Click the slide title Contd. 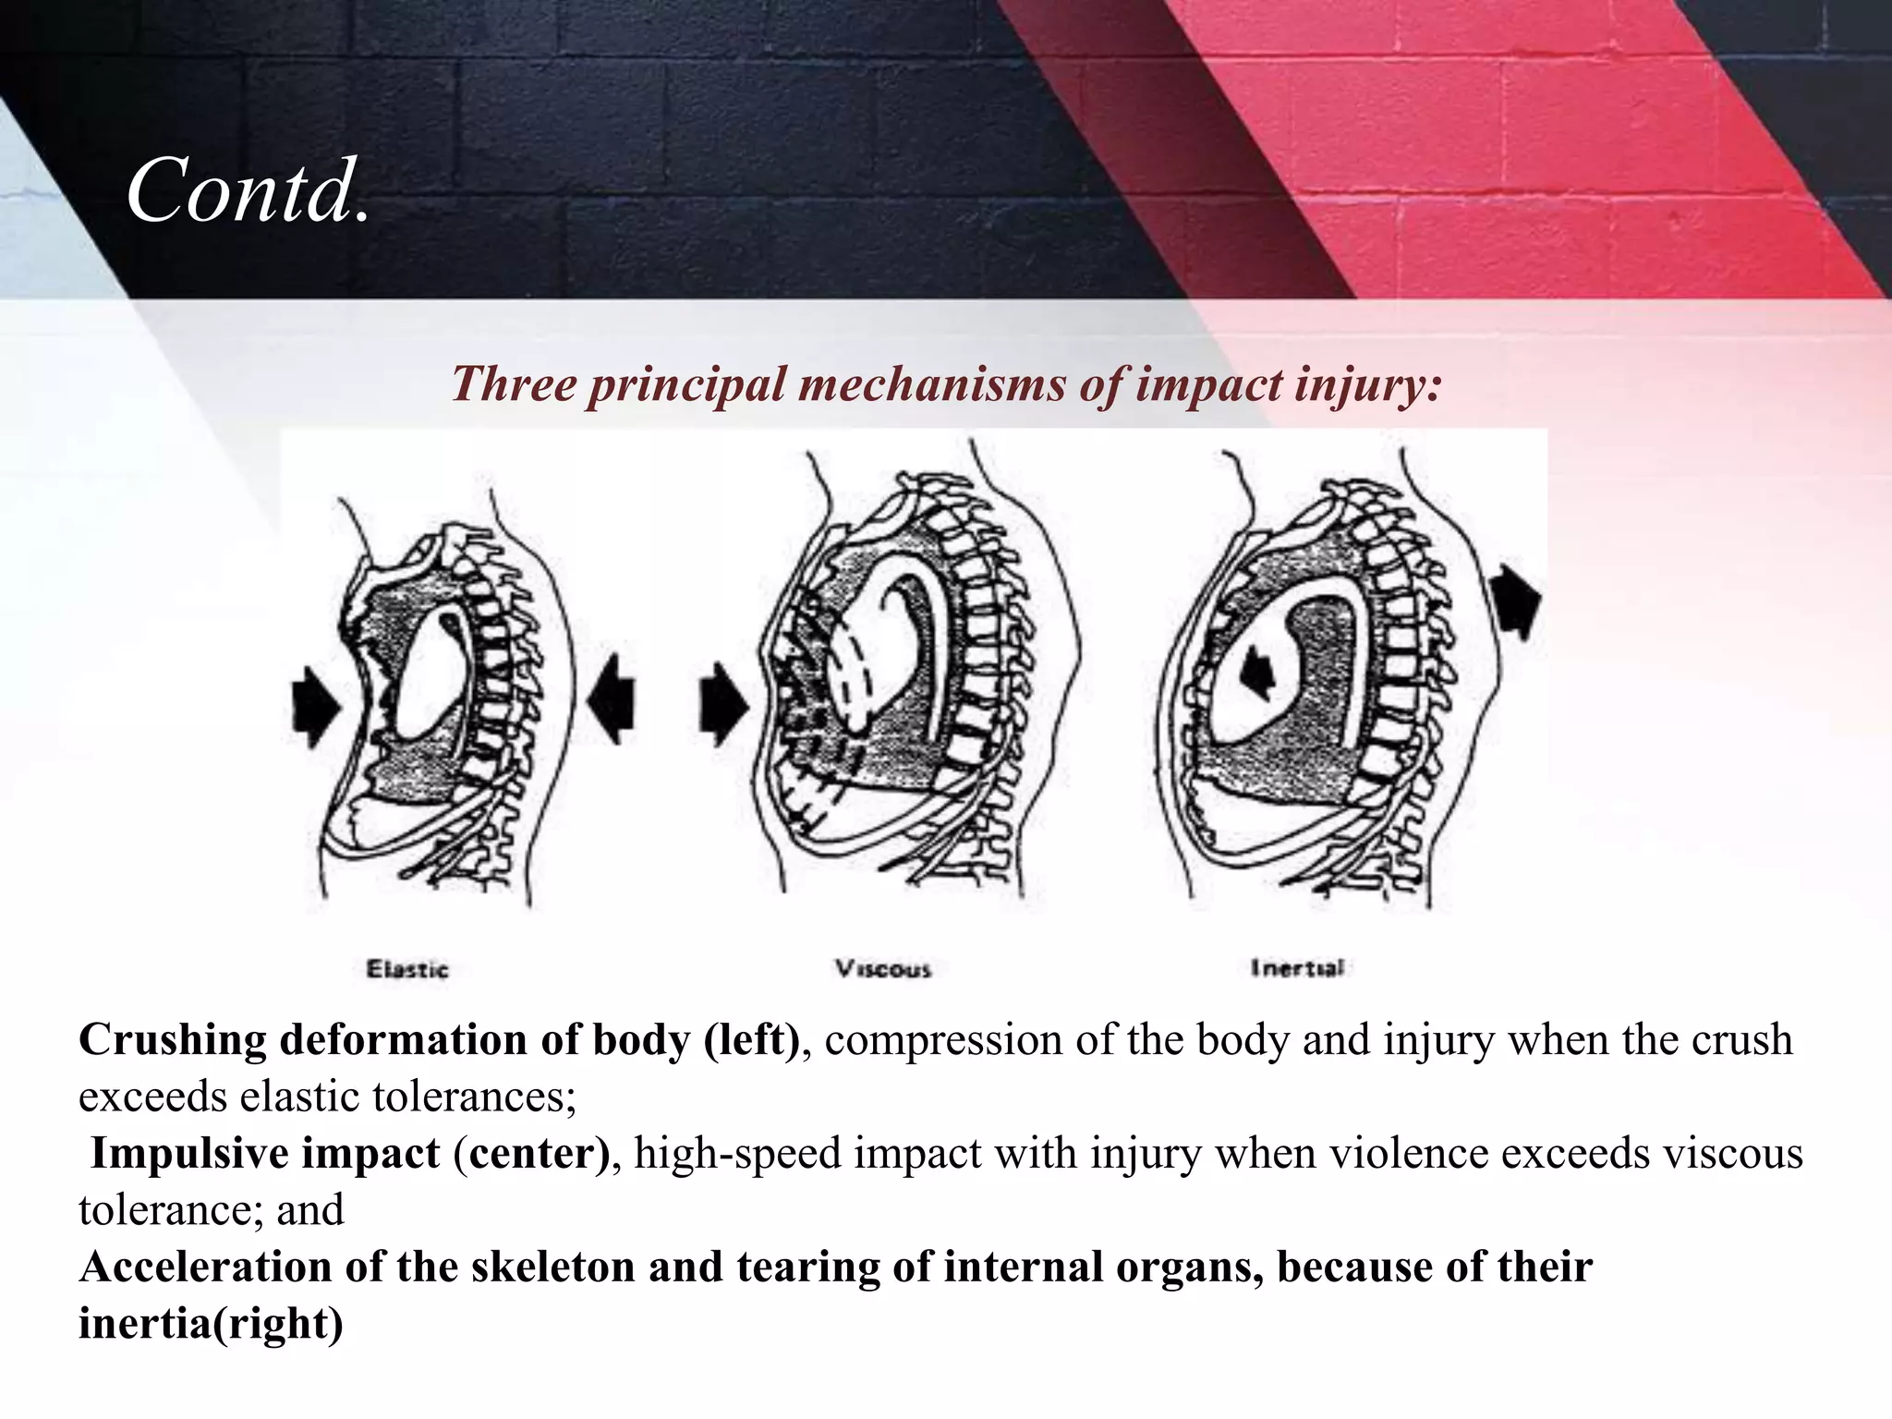click(248, 191)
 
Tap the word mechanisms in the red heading click(931, 383)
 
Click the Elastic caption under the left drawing click(407, 969)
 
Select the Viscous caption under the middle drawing click(883, 968)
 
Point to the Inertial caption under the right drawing click(1297, 967)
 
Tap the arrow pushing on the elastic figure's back click(612, 707)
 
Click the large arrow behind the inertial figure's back click(1517, 600)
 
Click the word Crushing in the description click(172, 1040)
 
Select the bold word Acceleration click(205, 1267)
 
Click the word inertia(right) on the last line click(211, 1323)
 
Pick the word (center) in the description click(531, 1154)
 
